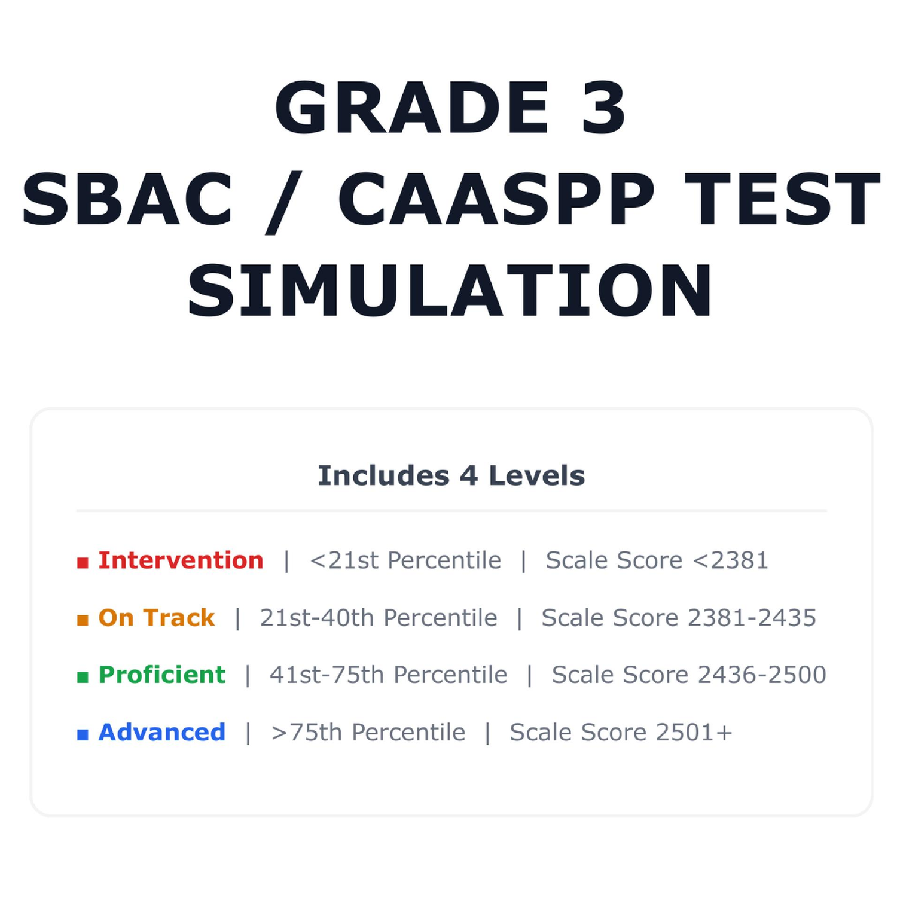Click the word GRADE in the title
pyautogui.click(x=412, y=108)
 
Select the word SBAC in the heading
pyautogui.click(x=127, y=199)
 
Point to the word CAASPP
pyautogui.click(x=496, y=199)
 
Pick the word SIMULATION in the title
pyautogui.click(x=450, y=291)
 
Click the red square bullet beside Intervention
pyautogui.click(x=83, y=563)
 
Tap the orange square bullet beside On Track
pyautogui.click(x=83, y=620)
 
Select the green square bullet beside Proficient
pyautogui.click(x=83, y=677)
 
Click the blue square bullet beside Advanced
pyautogui.click(x=83, y=734)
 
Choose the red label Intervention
pyautogui.click(x=181, y=560)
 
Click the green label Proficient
pyautogui.click(x=161, y=675)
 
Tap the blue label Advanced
pyautogui.click(x=161, y=732)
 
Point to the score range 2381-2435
pyautogui.click(x=752, y=618)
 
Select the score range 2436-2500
pyautogui.click(x=762, y=675)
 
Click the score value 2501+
pyautogui.click(x=694, y=732)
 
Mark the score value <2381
pyautogui.click(x=730, y=560)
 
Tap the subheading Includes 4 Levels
pyautogui.click(x=451, y=476)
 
